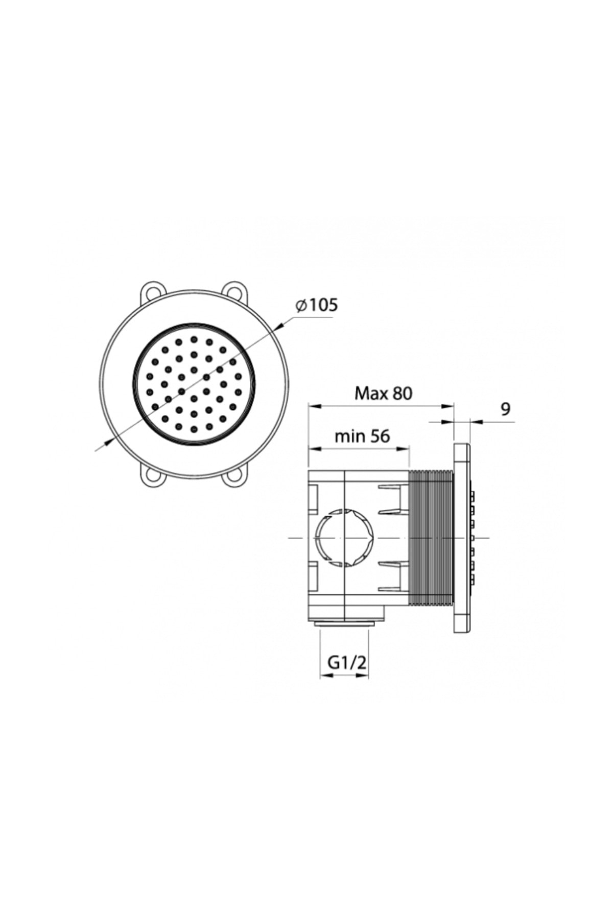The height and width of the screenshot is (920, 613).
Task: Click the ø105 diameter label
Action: point(317,305)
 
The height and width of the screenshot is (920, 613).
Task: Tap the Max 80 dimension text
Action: point(383,393)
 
